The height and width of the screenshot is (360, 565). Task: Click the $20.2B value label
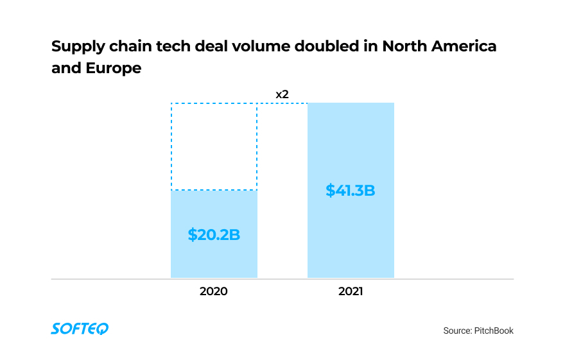pos(214,234)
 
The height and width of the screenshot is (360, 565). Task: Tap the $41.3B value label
pos(350,190)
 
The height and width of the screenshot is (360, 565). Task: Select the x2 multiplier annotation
pos(282,94)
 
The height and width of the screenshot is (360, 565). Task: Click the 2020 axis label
pos(214,291)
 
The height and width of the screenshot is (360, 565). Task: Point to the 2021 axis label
pos(351,291)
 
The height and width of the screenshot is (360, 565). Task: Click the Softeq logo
pos(80,329)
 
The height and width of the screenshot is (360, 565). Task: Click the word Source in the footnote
pos(456,330)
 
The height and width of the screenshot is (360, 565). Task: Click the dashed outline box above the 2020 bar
pos(214,146)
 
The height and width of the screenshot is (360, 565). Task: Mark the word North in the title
pos(403,47)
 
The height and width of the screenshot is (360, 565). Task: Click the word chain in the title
pos(130,47)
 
